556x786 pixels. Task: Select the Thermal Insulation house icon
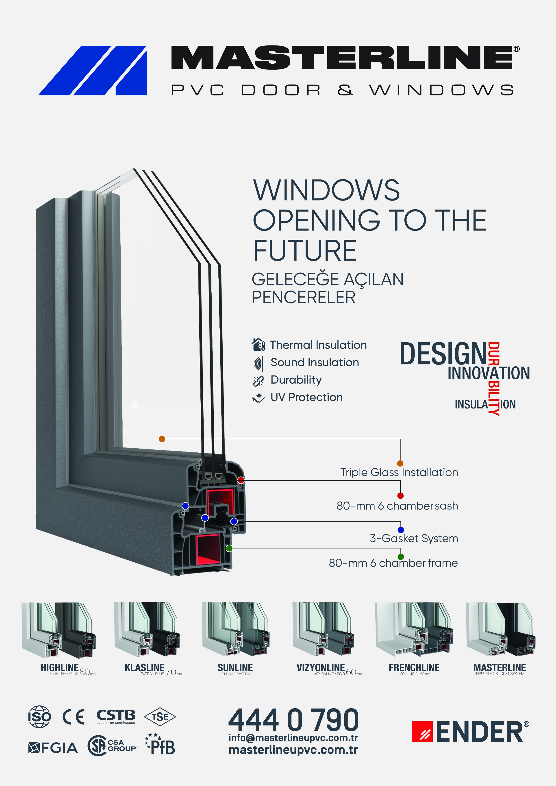pos(258,344)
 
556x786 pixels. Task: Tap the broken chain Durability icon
pos(258,380)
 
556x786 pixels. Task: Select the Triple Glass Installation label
pos(399,472)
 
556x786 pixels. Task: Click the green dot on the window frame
pos(229,548)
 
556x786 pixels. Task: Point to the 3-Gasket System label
pos(413,538)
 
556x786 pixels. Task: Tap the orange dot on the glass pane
pos(162,439)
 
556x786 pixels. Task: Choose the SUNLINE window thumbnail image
pos(235,630)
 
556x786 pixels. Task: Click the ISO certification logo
pos(39,717)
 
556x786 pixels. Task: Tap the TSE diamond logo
pos(160,717)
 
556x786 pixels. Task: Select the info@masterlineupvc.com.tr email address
pos(293,738)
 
